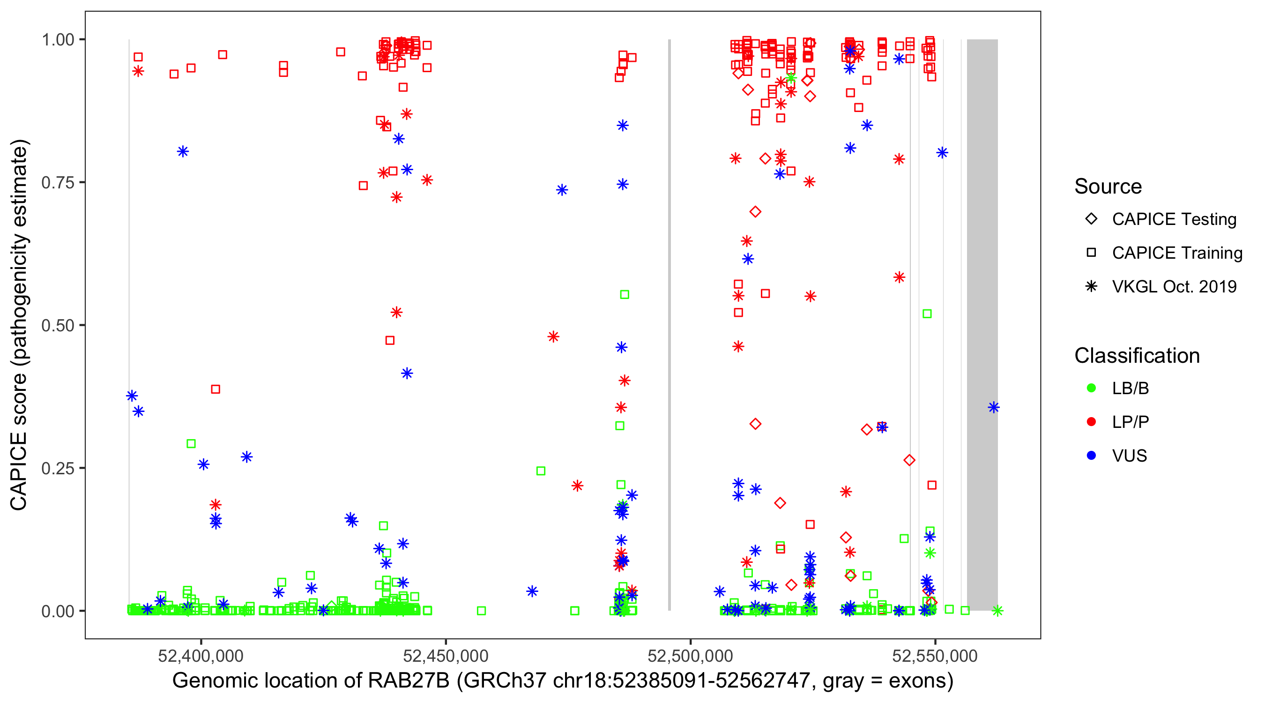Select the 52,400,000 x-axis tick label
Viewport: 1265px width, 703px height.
pyautogui.click(x=201, y=656)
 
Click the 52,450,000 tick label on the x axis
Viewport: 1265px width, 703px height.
pyautogui.click(x=446, y=656)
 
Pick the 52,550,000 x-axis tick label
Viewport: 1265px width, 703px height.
pyautogui.click(x=935, y=656)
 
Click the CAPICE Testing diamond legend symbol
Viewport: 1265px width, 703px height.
pyautogui.click(x=1091, y=219)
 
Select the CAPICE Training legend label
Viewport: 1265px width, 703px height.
pyautogui.click(x=1177, y=253)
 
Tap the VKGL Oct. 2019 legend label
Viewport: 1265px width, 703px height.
pyautogui.click(x=1174, y=287)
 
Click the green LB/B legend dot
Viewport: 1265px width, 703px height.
pyautogui.click(x=1091, y=389)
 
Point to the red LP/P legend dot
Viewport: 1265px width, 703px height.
pyautogui.click(x=1091, y=422)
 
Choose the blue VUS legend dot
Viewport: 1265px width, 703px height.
pyautogui.click(x=1091, y=456)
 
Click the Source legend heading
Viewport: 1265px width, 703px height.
pyautogui.click(x=1108, y=187)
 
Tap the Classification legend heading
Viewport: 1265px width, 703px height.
pyautogui.click(x=1137, y=356)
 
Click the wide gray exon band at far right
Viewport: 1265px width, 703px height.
pyautogui.click(x=982, y=324)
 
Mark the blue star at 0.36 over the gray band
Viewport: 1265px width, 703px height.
pyautogui.click(x=993, y=407)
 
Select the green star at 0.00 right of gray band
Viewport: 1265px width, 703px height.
pyautogui.click(x=997, y=611)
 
